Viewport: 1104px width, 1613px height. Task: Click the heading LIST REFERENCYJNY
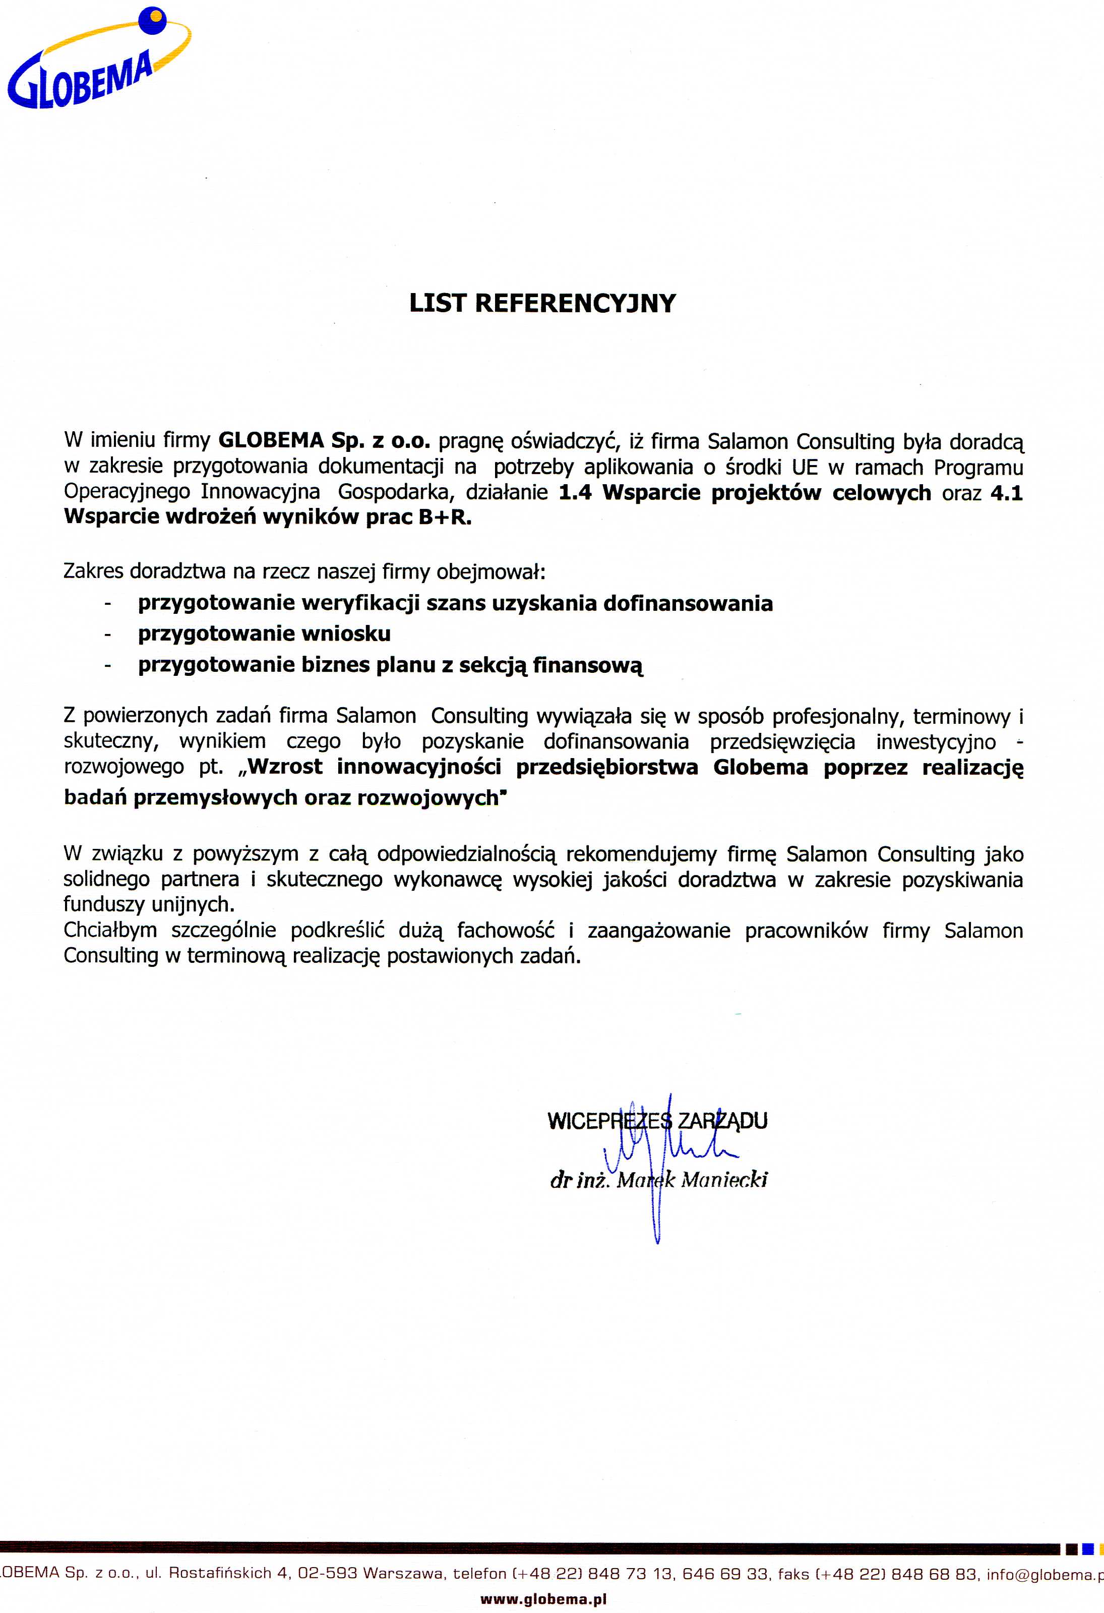542,303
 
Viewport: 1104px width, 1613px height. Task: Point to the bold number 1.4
575,493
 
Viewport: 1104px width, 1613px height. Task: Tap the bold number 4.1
1006,493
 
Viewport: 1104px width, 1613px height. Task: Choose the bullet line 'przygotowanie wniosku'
264,633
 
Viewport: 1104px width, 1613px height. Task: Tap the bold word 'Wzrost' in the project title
284,767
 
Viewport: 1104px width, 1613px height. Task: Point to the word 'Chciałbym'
110,931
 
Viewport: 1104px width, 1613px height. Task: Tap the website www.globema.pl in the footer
543,1599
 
